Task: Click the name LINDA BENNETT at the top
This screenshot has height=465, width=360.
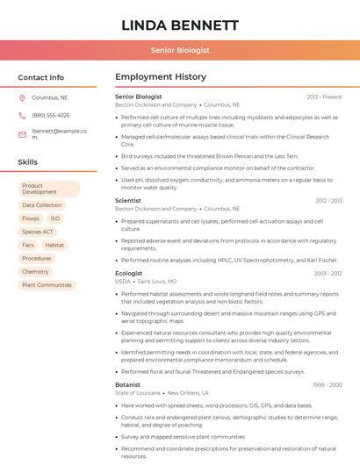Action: pyautogui.click(x=180, y=25)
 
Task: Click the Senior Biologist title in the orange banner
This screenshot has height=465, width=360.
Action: pyautogui.click(x=180, y=51)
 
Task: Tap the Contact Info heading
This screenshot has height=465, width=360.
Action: pyautogui.click(x=41, y=77)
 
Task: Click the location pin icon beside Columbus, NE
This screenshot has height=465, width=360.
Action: pyautogui.click(x=22, y=97)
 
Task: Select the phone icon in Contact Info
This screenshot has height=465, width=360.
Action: pyautogui.click(x=22, y=115)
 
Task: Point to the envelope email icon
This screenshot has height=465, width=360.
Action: pyautogui.click(x=22, y=134)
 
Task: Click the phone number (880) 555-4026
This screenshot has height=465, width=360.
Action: pyautogui.click(x=51, y=115)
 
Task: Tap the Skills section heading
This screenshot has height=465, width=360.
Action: pyautogui.click(x=28, y=162)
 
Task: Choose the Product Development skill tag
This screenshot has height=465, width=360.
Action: pyautogui.click(x=49, y=189)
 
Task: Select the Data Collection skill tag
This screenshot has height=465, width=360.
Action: pyautogui.click(x=42, y=205)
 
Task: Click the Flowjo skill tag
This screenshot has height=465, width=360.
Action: pyautogui.click(x=31, y=218)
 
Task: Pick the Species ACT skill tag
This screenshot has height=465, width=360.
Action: pyautogui.click(x=39, y=232)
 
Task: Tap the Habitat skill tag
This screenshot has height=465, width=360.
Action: pyautogui.click(x=54, y=245)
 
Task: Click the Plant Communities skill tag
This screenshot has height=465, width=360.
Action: pyautogui.click(x=47, y=285)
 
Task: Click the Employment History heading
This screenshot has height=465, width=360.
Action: pyautogui.click(x=161, y=77)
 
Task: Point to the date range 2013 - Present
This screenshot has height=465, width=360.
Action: pyautogui.click(x=324, y=97)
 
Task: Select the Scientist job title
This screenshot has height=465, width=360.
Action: pyautogui.click(x=128, y=201)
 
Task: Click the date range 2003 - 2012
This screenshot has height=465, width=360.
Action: pyautogui.click(x=327, y=273)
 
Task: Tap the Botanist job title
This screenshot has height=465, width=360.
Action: pyautogui.click(x=127, y=384)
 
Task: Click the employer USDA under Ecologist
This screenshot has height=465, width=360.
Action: pyautogui.click(x=122, y=281)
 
